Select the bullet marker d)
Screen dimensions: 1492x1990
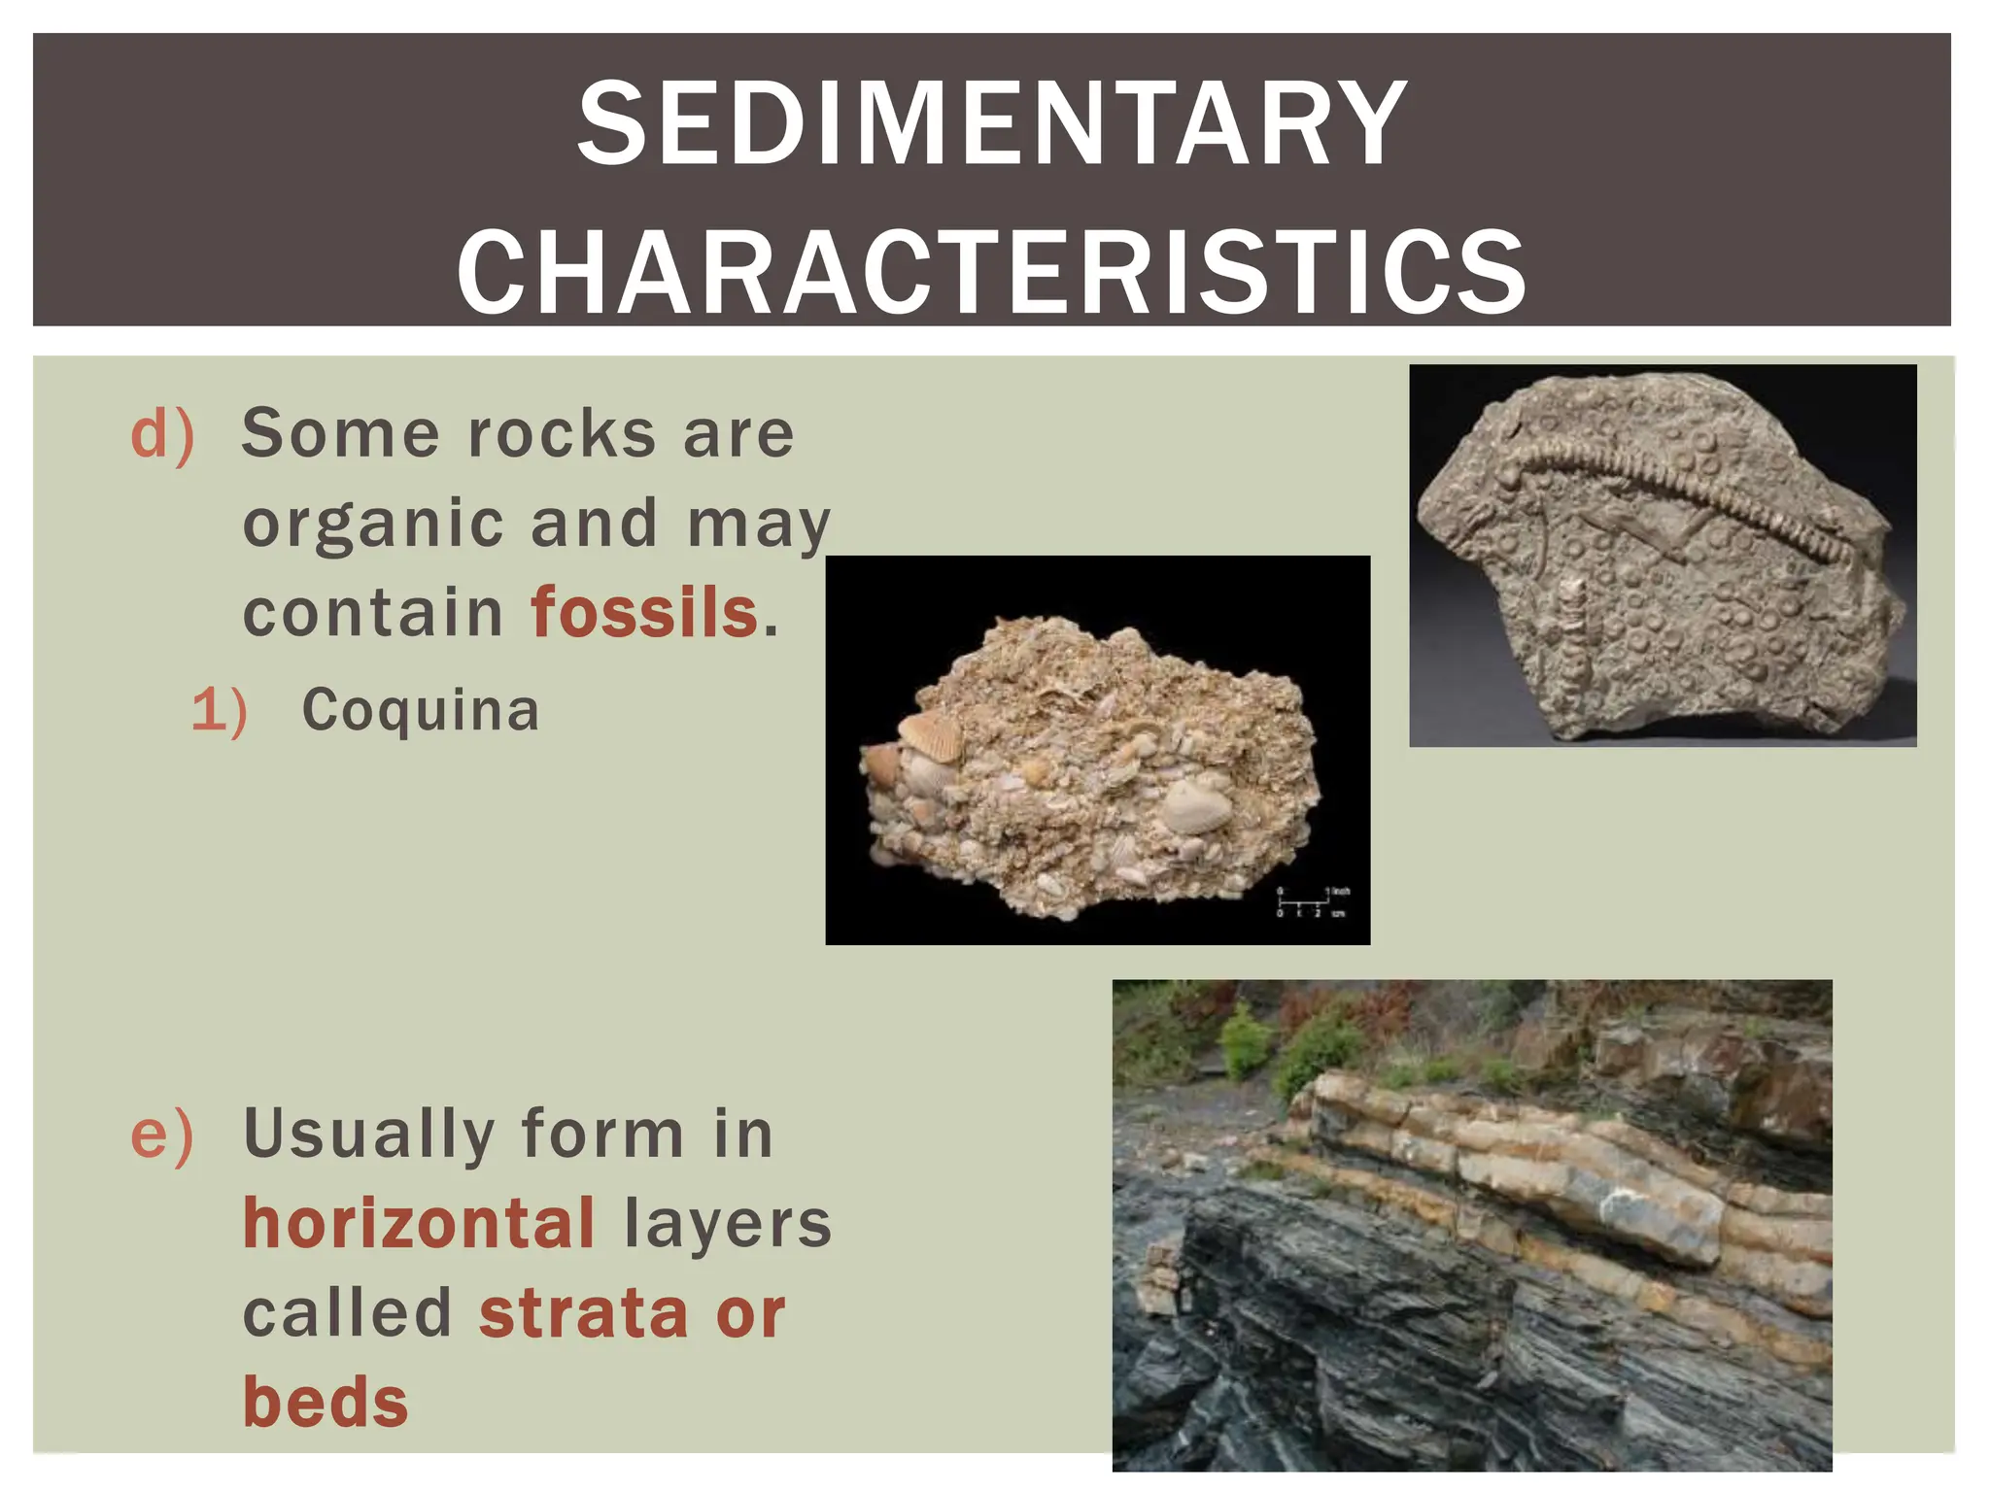pos(162,434)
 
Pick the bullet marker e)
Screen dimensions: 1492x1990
pos(162,1135)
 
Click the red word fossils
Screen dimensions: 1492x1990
pos(644,613)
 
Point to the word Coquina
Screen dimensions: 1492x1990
pos(420,710)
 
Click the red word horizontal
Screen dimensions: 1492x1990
pos(419,1223)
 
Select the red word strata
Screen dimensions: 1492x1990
pos(584,1313)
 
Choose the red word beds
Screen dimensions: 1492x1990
pos(326,1403)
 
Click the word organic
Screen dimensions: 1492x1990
pos(373,525)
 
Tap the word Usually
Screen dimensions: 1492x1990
pos(368,1135)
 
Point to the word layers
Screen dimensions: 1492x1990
pos(728,1223)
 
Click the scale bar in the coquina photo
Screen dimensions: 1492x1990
pos(1312,902)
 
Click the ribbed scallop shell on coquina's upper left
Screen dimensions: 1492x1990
pos(931,735)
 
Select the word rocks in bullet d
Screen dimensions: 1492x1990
pos(562,434)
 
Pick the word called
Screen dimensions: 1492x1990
pos(347,1313)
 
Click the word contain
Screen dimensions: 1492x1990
pos(373,613)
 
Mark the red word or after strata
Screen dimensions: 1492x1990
pos(750,1313)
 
